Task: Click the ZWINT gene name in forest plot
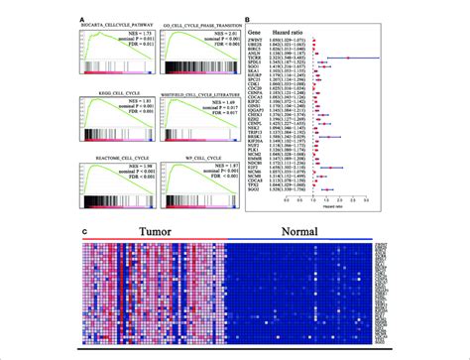(x=265, y=41)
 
